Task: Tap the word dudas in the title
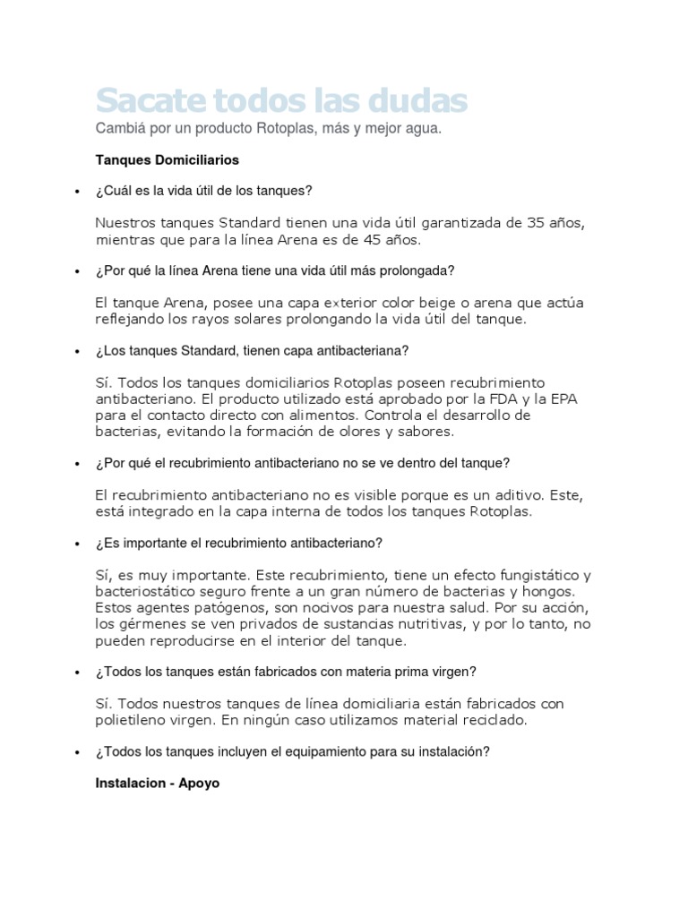click(418, 99)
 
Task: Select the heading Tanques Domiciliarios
click(168, 160)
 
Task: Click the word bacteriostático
click(153, 592)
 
